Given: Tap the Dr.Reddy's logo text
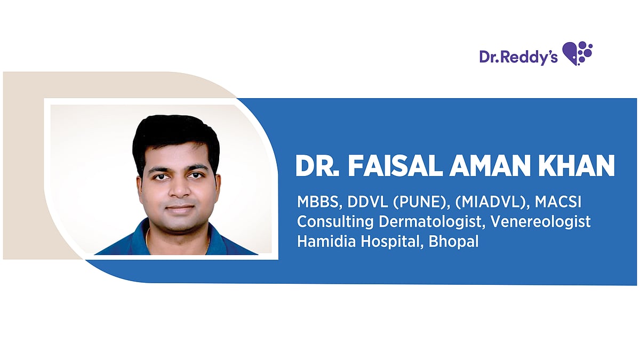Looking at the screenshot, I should (x=518, y=57).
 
